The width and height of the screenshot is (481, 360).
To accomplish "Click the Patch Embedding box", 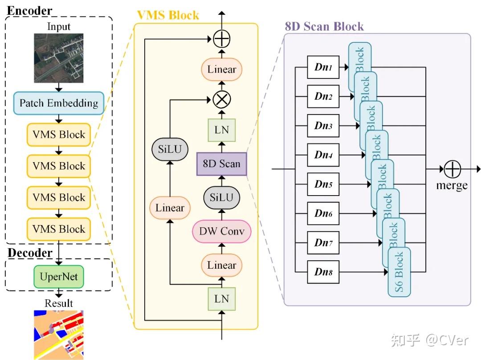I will tap(58, 103).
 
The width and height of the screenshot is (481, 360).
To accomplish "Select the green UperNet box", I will tap(59, 276).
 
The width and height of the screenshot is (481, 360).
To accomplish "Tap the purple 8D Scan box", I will tap(221, 163).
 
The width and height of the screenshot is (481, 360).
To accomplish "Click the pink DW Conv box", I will tap(221, 232).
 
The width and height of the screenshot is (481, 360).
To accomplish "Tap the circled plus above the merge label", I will tap(452, 169).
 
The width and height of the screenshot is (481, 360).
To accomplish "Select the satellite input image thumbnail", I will tap(59, 58).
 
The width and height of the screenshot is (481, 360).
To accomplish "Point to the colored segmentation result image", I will tap(59, 334).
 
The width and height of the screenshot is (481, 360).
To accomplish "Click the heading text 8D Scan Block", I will tap(324, 26).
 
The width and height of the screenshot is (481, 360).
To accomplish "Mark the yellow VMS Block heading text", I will tap(168, 15).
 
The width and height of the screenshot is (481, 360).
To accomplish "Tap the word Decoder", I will tap(30, 253).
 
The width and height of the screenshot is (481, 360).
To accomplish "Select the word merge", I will tap(452, 185).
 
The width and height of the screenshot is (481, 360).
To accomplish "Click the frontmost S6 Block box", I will tap(399, 272).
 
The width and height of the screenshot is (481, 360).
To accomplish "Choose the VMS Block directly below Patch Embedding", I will tap(59, 135).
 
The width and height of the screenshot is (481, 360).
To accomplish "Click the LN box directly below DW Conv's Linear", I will tap(221, 299).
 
